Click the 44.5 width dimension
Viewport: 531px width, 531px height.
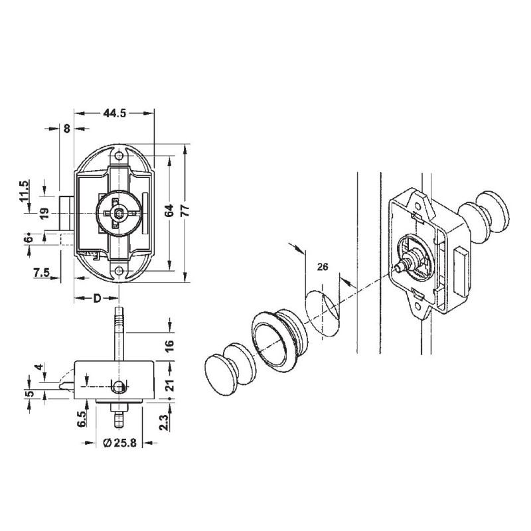[114, 114]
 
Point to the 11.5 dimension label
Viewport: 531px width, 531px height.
[24, 190]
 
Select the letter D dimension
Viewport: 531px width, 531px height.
[96, 297]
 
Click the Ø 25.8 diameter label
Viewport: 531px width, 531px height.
[120, 442]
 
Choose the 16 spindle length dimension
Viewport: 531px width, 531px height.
[169, 344]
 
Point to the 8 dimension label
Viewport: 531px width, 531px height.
[66, 129]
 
